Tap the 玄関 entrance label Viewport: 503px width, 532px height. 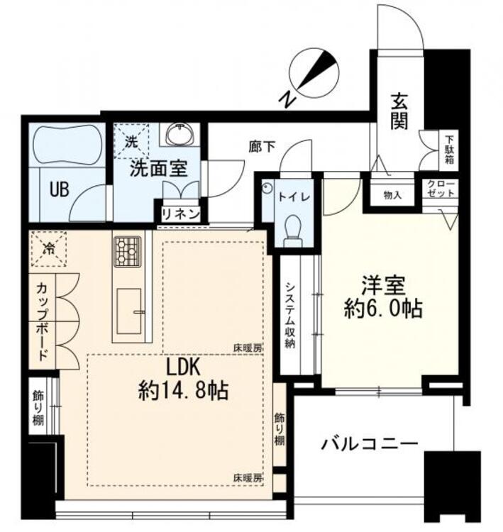click(x=399, y=113)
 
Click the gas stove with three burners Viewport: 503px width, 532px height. click(x=127, y=250)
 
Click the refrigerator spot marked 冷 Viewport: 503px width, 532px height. click(x=48, y=249)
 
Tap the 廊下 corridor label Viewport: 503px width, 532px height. click(x=260, y=147)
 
